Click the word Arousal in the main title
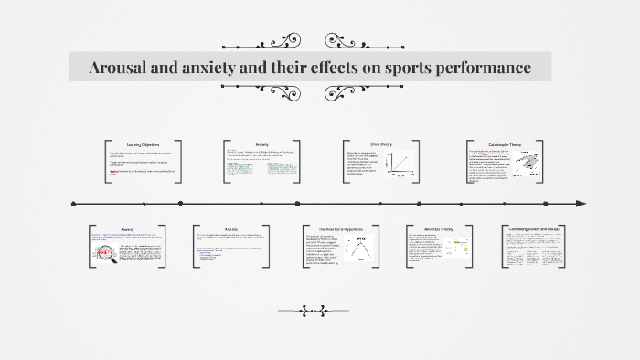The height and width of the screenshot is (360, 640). tap(119, 69)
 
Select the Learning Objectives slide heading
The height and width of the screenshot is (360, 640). tap(144, 144)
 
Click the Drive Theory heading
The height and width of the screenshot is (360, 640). tap(379, 143)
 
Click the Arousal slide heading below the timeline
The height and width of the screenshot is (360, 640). tap(231, 229)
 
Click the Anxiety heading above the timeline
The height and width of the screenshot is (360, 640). tap(261, 144)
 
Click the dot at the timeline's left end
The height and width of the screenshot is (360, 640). tap(73, 203)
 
